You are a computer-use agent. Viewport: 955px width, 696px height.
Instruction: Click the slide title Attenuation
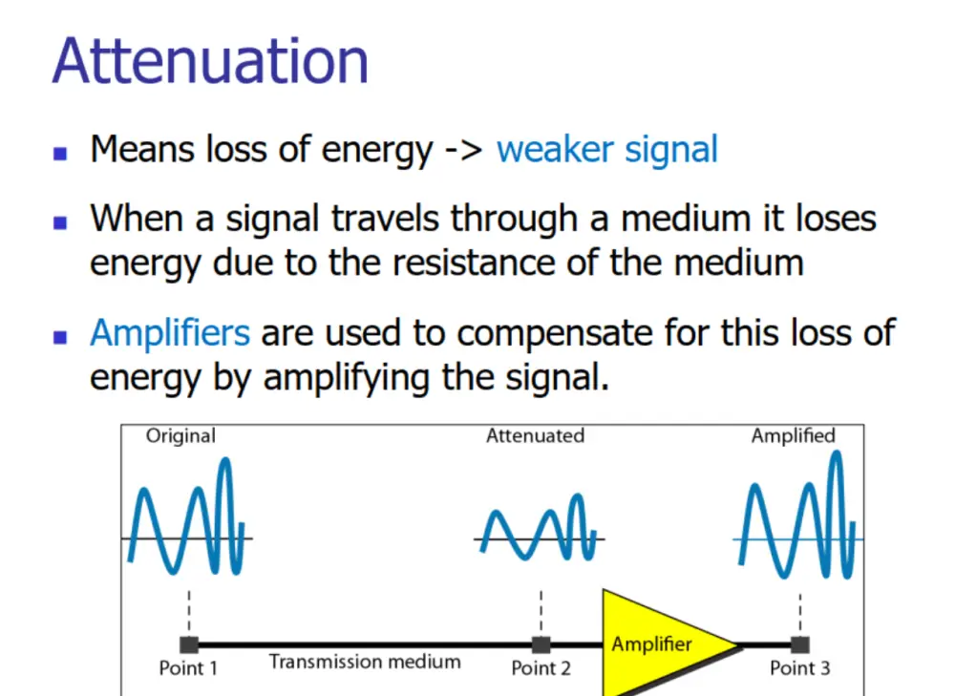[211, 61]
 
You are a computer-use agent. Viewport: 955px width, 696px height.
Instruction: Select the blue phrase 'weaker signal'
[607, 151]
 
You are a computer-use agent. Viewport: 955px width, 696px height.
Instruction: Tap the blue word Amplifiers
[170, 333]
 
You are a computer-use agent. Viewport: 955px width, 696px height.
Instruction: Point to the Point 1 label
[188, 668]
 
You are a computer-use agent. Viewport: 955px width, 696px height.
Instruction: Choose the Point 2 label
[541, 668]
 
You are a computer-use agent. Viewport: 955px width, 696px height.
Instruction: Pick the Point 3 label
[799, 668]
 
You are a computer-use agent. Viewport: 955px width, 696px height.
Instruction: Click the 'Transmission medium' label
[365, 662]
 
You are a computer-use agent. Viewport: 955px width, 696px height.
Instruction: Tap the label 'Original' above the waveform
[180, 436]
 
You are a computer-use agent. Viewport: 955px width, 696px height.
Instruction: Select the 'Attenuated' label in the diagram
[536, 436]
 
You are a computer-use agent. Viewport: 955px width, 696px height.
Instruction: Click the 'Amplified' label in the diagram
[793, 436]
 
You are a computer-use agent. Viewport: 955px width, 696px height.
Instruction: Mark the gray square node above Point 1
[189, 644]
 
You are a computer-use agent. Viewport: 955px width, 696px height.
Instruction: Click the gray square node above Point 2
[541, 644]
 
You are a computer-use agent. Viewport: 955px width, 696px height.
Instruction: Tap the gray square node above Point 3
[799, 644]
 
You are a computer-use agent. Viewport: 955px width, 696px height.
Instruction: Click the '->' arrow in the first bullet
[464, 150]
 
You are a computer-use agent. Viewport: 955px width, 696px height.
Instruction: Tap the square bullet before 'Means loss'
[59, 153]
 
